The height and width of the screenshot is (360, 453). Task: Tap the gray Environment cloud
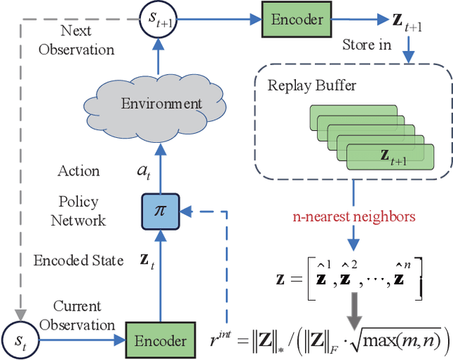point(161,105)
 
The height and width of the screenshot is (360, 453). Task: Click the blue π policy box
point(160,210)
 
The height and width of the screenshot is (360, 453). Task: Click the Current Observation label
point(77,316)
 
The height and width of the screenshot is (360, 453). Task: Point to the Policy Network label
point(78,211)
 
